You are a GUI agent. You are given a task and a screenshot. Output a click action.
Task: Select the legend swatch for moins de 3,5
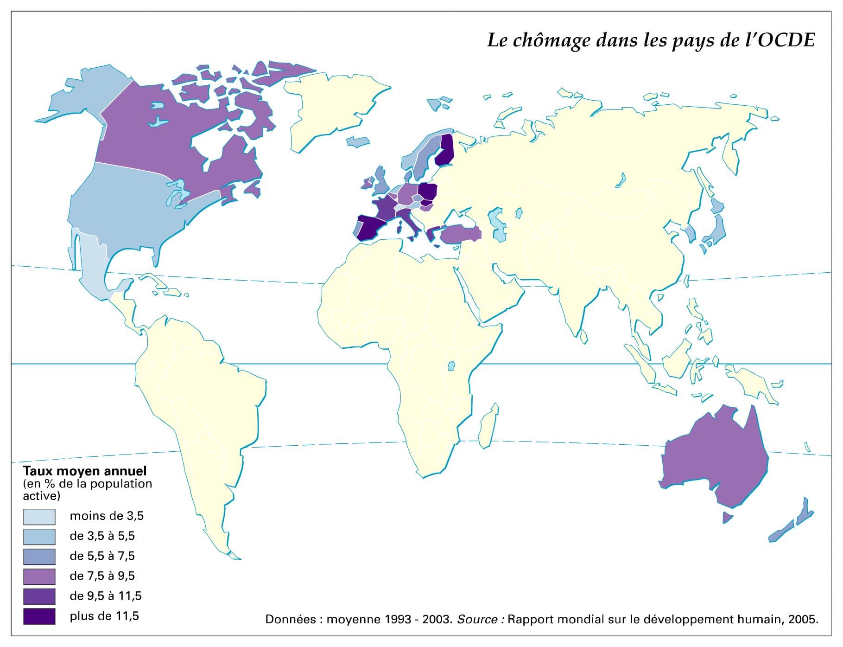pos(39,517)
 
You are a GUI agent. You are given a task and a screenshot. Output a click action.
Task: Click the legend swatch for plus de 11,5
pos(39,616)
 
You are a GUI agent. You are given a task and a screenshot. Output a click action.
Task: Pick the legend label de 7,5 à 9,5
pos(102,576)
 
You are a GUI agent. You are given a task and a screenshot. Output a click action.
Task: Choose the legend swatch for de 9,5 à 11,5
pos(39,596)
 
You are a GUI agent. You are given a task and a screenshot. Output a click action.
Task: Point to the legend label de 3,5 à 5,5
pos(102,536)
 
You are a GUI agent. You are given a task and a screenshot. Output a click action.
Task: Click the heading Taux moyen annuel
pos(85,471)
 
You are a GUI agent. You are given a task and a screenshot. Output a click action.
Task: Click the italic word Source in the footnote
pos(477,619)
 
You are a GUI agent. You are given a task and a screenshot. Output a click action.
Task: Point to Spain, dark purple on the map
pos(374,227)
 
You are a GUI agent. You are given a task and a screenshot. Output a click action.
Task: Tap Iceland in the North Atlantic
pos(358,141)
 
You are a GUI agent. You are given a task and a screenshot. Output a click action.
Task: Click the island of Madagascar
pos(489,424)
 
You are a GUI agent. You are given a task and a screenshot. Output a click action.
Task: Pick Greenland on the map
pos(334,107)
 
